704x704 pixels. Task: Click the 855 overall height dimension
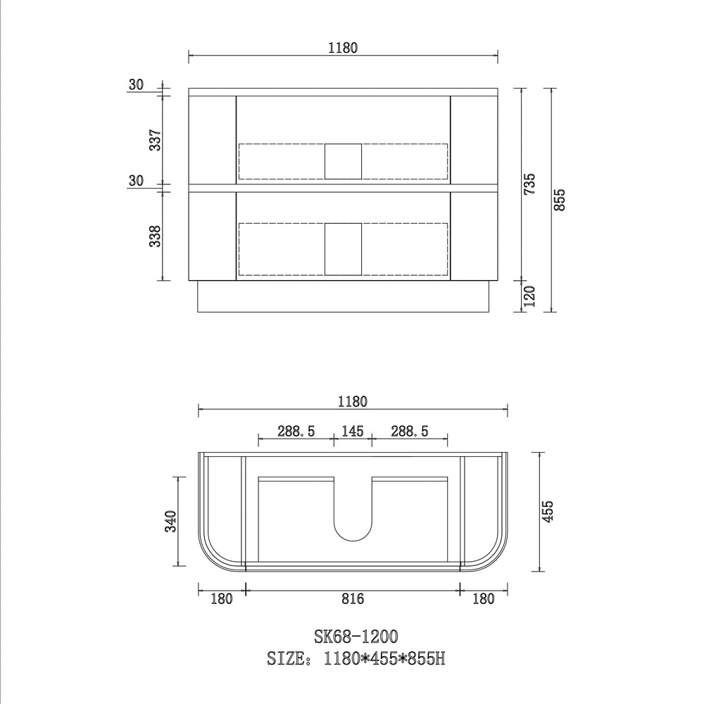click(x=560, y=200)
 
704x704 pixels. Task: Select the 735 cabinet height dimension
click(x=529, y=184)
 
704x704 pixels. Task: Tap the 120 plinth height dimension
click(x=530, y=296)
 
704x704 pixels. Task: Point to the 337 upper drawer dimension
click(x=155, y=140)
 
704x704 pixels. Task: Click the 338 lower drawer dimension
click(x=155, y=236)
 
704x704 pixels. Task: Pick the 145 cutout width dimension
click(x=353, y=432)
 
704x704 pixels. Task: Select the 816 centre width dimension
click(x=353, y=598)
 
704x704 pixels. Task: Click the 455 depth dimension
click(x=547, y=511)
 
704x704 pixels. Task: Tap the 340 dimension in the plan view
click(x=171, y=521)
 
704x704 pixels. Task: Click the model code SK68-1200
click(x=356, y=636)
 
